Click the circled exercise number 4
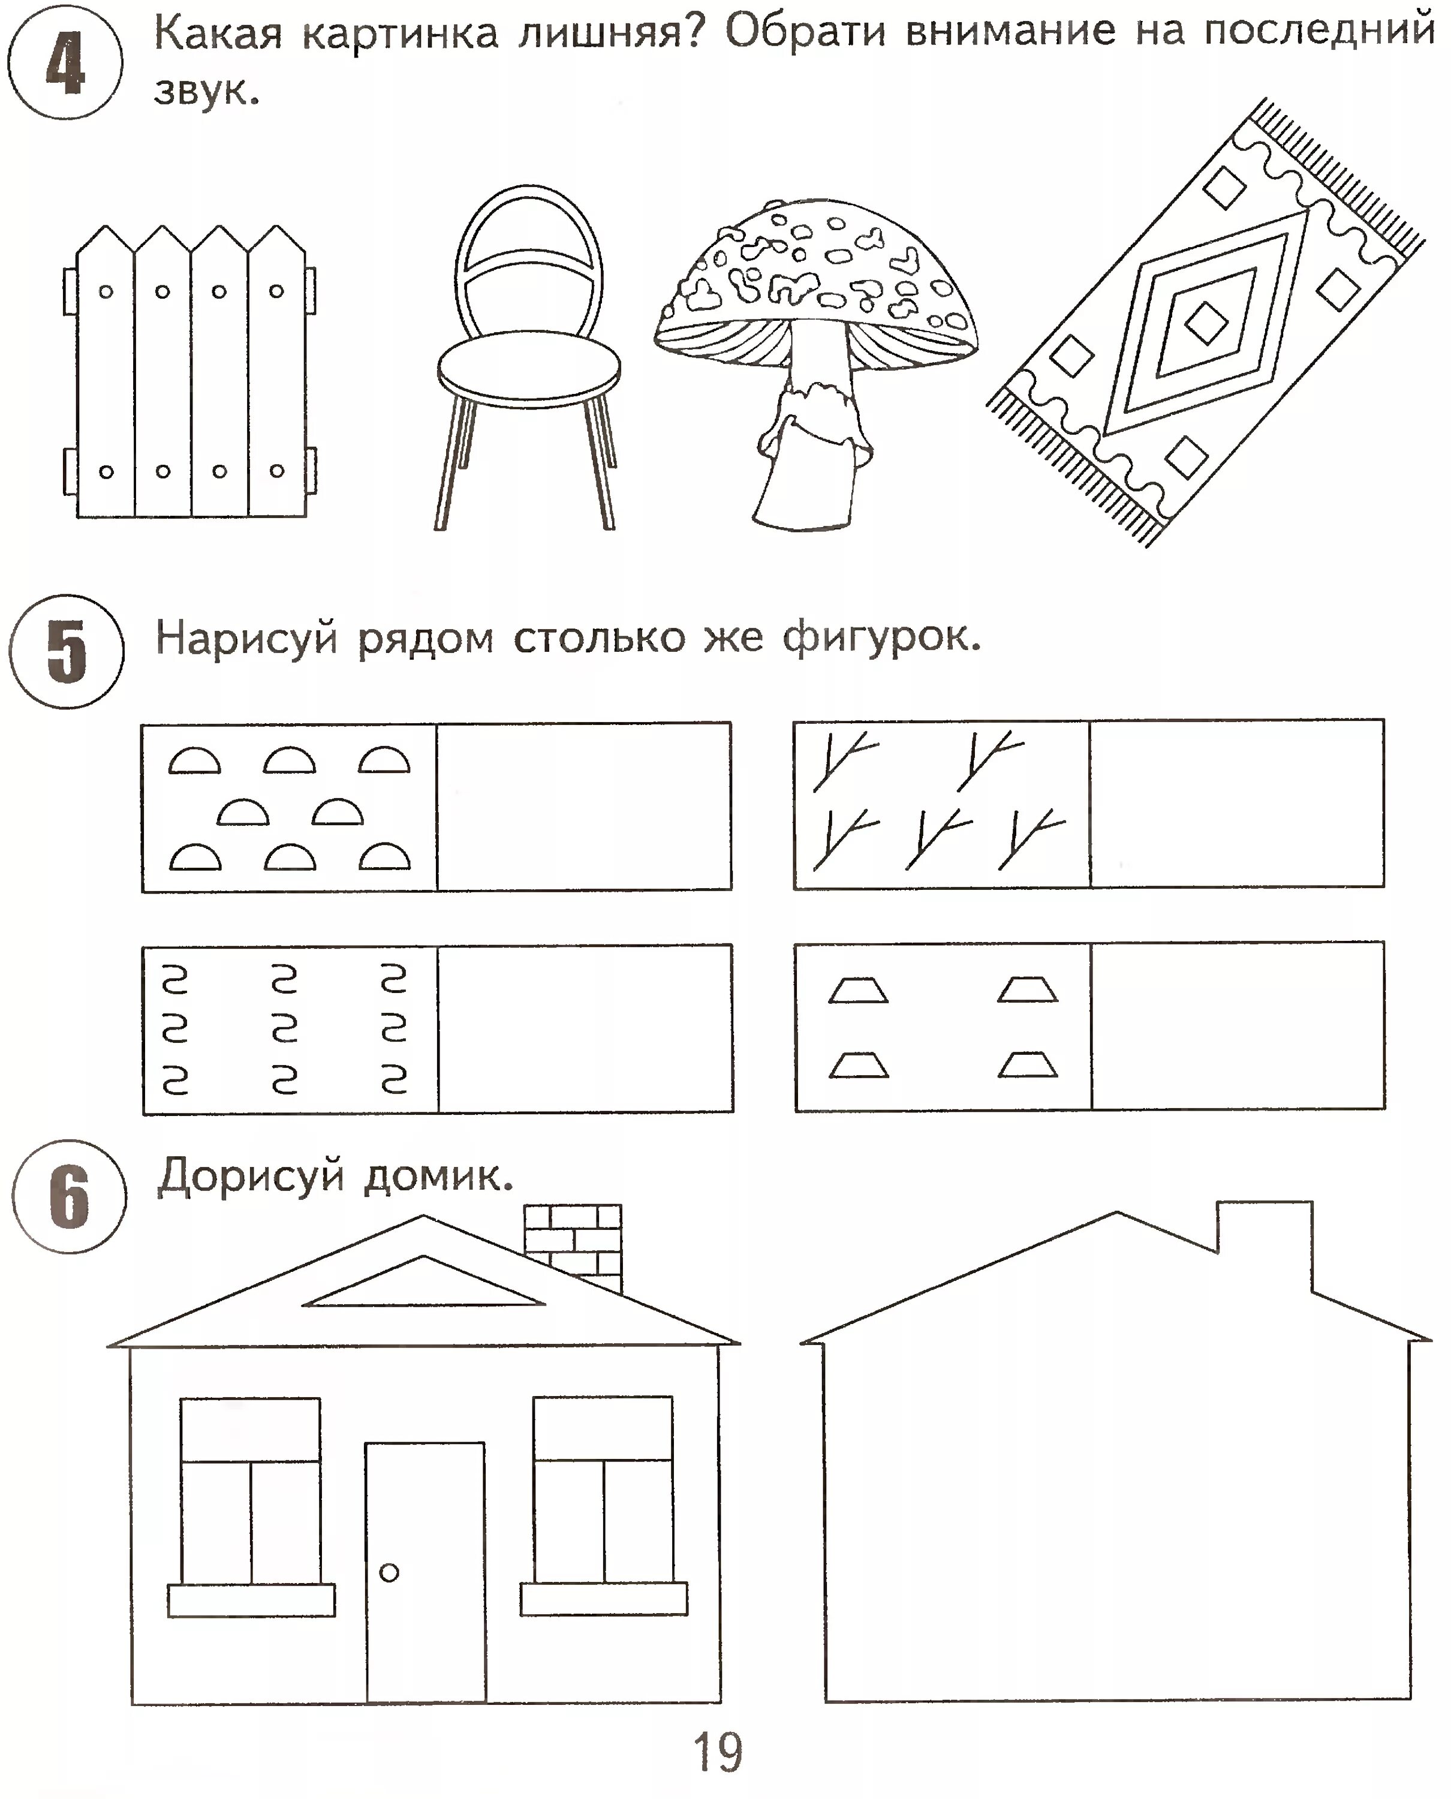pos(65,63)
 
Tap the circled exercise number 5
pos(67,651)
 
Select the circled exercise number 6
pos(70,1196)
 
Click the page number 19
pos(717,1752)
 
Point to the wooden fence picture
pos(191,376)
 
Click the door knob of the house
pos(389,1572)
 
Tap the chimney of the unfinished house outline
pos(1264,1237)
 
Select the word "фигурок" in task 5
pos(880,638)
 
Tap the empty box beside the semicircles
pos(583,807)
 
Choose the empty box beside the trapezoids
pos(1237,1027)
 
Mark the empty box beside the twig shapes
pos(1237,804)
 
